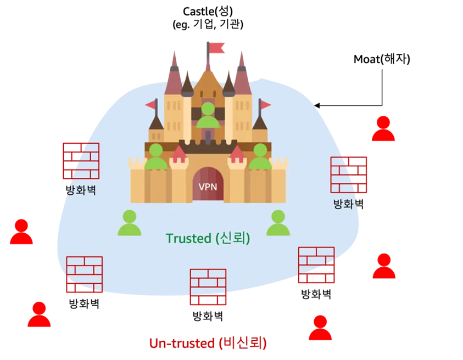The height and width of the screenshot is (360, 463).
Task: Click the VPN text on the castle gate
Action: click(208, 187)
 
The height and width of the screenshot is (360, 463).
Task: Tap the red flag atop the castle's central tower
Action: click(217, 48)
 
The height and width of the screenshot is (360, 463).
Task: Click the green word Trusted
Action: click(188, 238)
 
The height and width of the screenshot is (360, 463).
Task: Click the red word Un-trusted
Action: click(181, 344)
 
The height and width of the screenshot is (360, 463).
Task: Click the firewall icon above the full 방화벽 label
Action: click(81, 161)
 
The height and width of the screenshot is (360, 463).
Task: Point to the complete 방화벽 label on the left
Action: click(81, 191)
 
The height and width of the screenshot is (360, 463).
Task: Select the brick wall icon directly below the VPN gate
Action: click(208, 286)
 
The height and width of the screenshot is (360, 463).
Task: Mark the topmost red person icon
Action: click(383, 129)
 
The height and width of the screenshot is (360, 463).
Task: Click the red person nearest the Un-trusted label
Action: click(320, 328)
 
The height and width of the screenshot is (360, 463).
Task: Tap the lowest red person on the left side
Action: click(40, 315)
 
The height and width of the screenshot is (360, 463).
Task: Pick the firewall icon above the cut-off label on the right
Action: click(348, 175)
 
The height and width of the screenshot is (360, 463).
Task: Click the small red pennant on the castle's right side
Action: click(266, 104)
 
